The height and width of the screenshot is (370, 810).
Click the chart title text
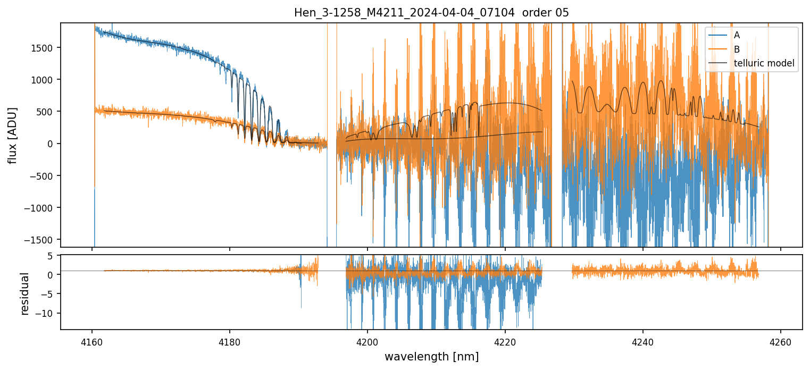(431, 13)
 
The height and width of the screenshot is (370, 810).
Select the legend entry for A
(737, 35)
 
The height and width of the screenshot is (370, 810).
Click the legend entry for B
(737, 49)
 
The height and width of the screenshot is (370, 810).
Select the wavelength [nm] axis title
(431, 356)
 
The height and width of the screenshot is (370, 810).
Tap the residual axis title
(24, 293)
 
